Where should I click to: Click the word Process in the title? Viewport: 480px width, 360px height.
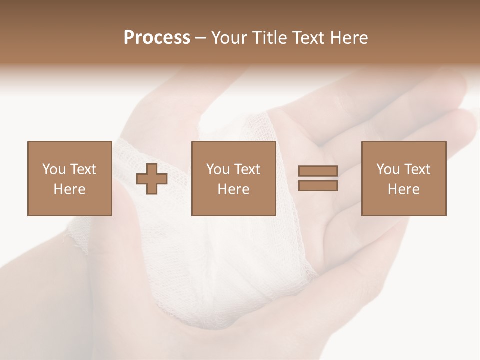(x=157, y=38)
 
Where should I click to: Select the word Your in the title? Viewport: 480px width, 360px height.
(x=230, y=38)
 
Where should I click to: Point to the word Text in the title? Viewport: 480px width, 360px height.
(x=310, y=38)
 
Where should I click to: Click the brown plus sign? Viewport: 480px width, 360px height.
(x=152, y=179)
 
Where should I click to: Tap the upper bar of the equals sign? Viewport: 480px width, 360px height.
(x=318, y=171)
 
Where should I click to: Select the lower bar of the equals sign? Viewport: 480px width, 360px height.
(x=318, y=186)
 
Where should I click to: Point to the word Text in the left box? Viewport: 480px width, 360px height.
(x=83, y=169)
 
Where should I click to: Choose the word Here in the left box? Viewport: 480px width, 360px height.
(x=69, y=189)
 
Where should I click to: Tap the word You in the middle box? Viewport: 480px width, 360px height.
(x=218, y=169)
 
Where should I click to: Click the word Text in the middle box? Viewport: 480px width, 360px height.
(x=247, y=169)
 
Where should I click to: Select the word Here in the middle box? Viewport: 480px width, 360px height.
(x=233, y=189)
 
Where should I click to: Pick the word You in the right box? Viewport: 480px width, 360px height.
(x=388, y=169)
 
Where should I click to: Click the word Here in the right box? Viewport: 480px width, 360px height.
(x=403, y=189)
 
